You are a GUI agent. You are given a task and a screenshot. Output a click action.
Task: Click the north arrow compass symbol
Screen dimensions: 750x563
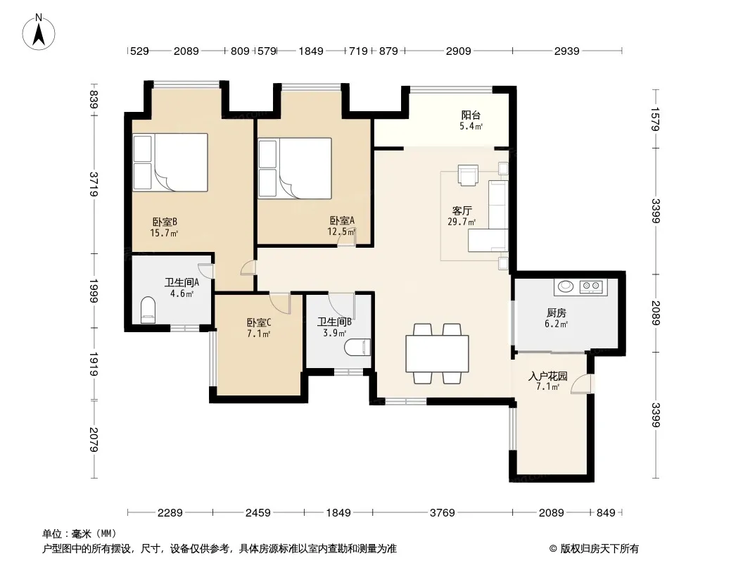39,32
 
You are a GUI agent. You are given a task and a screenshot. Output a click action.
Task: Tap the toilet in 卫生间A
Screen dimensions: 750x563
148,310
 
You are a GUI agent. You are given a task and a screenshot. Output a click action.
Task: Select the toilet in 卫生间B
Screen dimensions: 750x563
358,348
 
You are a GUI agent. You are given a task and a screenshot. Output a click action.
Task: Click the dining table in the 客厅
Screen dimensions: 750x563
437,353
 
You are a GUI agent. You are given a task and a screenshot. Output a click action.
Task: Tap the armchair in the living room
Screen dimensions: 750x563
468,175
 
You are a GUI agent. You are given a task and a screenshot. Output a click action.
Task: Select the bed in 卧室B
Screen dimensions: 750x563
170,162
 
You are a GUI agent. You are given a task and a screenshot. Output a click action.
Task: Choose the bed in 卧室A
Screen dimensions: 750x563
295,168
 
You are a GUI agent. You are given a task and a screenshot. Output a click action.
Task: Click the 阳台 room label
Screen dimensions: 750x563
471,115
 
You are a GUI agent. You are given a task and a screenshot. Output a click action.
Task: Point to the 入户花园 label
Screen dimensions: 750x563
547,376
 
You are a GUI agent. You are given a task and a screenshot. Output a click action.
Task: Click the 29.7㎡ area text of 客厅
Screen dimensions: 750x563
462,222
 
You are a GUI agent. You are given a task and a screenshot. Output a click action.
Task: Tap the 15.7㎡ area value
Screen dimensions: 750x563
164,234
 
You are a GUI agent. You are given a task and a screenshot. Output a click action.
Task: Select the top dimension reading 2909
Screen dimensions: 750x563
458,51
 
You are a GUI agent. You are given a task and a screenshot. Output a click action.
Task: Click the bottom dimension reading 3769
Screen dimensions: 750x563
442,513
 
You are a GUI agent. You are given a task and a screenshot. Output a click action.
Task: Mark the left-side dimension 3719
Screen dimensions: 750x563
94,184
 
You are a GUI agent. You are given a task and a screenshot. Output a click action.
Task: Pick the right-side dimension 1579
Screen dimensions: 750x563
655,119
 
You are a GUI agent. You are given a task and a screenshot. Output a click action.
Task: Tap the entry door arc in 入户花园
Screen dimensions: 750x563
582,384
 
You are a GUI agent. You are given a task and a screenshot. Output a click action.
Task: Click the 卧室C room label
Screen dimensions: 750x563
259,323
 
